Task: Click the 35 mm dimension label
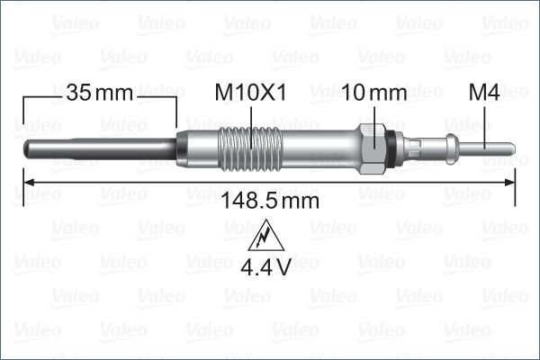click(x=99, y=93)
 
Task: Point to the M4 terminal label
click(x=485, y=93)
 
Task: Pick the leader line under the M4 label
click(x=486, y=121)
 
